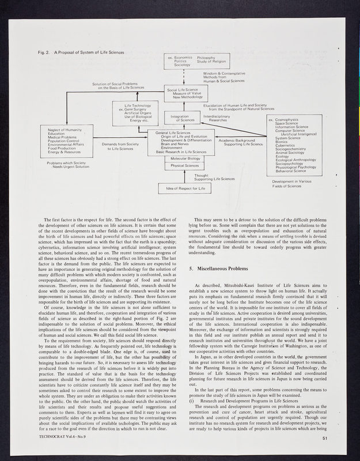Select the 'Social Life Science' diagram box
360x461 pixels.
point(185,94)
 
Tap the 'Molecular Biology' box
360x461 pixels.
point(185,158)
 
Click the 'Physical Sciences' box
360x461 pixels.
point(185,167)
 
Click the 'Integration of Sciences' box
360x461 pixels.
point(180,118)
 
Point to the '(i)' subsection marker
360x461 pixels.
point(193,383)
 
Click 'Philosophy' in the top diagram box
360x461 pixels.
point(206,58)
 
